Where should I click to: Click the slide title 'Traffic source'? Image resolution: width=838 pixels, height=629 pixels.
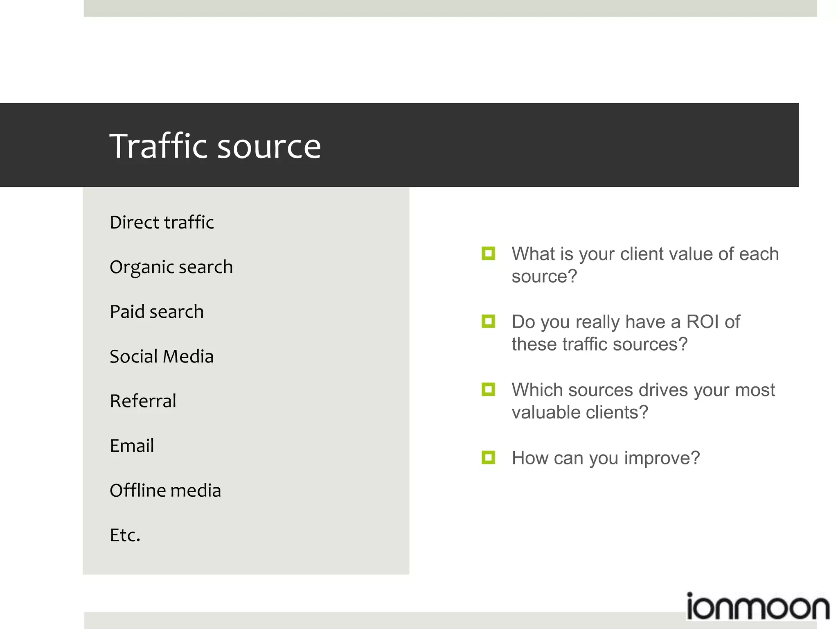tap(215, 146)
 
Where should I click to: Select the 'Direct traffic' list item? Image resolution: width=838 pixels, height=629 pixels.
tap(162, 222)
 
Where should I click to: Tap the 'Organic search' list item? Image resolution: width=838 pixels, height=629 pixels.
tap(171, 267)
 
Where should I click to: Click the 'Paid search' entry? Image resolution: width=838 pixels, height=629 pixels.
tap(157, 312)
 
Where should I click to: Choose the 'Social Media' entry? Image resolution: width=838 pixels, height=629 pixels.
tap(162, 357)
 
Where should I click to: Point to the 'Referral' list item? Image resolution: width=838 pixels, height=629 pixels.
tap(143, 401)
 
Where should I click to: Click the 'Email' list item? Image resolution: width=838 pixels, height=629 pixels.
tap(132, 446)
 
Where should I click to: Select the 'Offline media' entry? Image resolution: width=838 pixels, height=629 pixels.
tap(165, 491)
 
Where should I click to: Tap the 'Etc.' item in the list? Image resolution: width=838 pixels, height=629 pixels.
tap(125, 535)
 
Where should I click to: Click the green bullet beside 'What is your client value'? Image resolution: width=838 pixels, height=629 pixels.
tap(488, 254)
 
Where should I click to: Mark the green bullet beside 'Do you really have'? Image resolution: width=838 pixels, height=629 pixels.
tap(488, 321)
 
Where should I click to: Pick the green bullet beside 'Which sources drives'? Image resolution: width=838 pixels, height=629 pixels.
tap(488, 389)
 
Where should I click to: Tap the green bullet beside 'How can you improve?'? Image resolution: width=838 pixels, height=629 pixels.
tap(488, 457)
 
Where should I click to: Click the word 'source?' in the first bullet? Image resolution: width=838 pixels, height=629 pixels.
tap(544, 276)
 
